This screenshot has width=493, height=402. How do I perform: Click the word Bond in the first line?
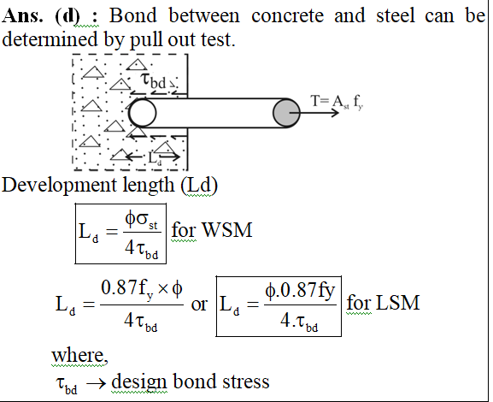(x=132, y=15)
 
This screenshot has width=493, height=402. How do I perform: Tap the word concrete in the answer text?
(x=287, y=15)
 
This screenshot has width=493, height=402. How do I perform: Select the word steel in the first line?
(x=396, y=15)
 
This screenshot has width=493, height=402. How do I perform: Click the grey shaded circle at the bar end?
(x=286, y=113)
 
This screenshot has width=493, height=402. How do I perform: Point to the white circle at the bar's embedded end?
(x=143, y=113)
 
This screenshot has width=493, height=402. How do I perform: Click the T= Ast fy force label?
(x=337, y=102)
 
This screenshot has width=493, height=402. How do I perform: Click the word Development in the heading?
(x=60, y=186)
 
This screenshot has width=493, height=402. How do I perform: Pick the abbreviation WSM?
(x=227, y=230)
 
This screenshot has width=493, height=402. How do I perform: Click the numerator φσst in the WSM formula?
(x=141, y=220)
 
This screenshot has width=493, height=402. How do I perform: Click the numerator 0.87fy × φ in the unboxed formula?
(x=142, y=290)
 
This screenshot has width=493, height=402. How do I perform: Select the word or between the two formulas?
(x=199, y=304)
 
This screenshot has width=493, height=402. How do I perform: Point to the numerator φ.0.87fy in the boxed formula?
(x=300, y=291)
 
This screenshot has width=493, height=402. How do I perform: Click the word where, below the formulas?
(x=79, y=356)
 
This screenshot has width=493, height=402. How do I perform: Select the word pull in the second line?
(x=146, y=41)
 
